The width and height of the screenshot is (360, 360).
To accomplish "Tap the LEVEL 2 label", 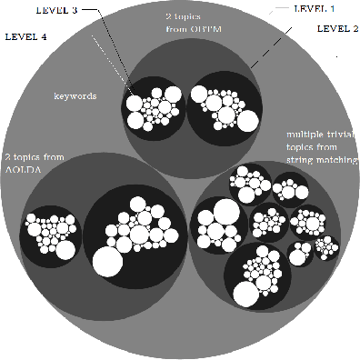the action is pos(336,29).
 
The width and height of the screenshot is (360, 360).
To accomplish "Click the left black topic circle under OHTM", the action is pos(154,107).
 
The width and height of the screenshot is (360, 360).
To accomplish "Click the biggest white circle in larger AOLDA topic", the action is pos(105,265).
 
